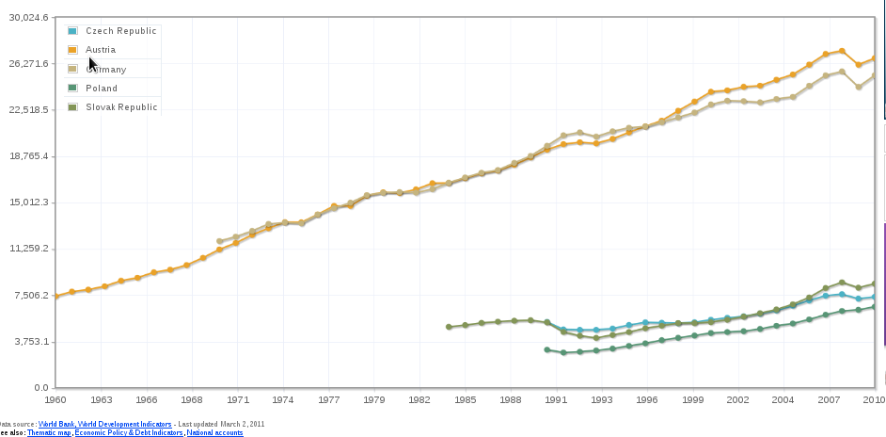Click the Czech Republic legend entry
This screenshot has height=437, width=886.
120,31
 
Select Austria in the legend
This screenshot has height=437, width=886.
101,50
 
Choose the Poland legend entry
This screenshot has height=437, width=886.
102,89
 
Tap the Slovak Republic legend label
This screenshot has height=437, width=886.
121,107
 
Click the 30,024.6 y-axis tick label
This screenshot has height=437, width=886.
28,18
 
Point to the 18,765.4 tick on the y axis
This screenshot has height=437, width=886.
28,156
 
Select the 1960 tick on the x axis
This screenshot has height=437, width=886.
57,399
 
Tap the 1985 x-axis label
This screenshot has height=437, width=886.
466,399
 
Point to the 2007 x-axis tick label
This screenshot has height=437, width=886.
829,399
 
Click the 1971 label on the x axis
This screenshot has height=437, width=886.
238,399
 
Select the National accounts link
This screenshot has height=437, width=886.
214,433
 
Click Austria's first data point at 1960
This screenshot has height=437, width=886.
57,297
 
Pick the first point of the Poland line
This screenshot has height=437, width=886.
546,349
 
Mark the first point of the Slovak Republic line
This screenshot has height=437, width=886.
449,327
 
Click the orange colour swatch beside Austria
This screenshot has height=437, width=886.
72,50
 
